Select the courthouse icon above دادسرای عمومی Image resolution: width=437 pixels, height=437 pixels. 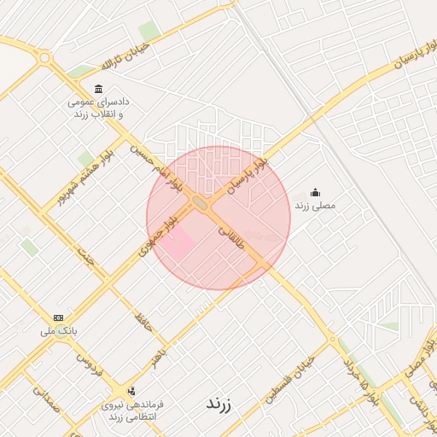point(99,90)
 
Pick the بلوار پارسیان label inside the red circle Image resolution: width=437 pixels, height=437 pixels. point(250,175)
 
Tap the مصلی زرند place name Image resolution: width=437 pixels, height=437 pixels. point(316,206)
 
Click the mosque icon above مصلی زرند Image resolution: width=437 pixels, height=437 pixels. point(315,191)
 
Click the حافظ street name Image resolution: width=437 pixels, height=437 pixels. point(139,321)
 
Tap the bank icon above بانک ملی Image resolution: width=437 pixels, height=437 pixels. point(58,317)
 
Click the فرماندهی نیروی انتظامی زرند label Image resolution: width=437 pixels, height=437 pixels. point(131,410)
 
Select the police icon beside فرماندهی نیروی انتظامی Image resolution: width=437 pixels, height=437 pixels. point(131,391)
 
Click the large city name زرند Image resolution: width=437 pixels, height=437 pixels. point(219,402)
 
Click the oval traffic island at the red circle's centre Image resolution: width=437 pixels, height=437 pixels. point(201,203)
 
